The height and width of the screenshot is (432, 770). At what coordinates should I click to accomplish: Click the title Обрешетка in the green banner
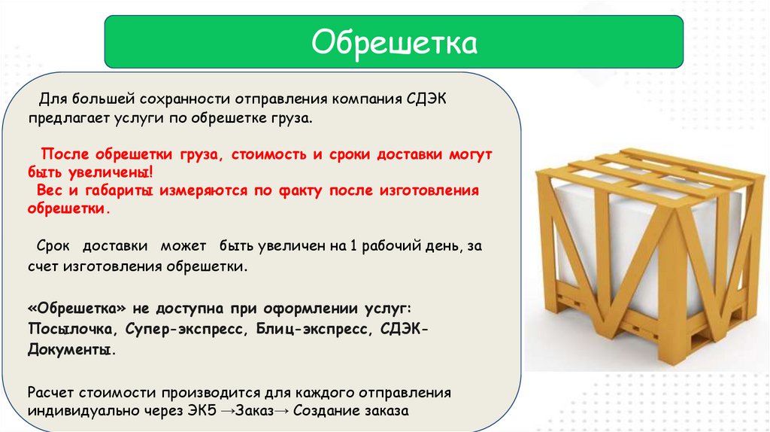(x=394, y=42)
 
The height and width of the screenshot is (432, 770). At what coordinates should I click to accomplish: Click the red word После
(x=65, y=154)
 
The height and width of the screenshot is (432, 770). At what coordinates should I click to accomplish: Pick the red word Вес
(x=50, y=190)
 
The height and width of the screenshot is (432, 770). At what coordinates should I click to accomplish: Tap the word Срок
(x=53, y=246)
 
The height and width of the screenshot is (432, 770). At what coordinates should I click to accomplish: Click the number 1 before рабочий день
(x=353, y=246)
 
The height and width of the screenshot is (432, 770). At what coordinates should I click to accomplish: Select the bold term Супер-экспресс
(x=184, y=329)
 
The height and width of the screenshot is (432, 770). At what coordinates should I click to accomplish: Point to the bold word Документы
(x=71, y=350)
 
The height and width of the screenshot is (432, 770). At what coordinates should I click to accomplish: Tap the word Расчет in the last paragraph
(x=50, y=393)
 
